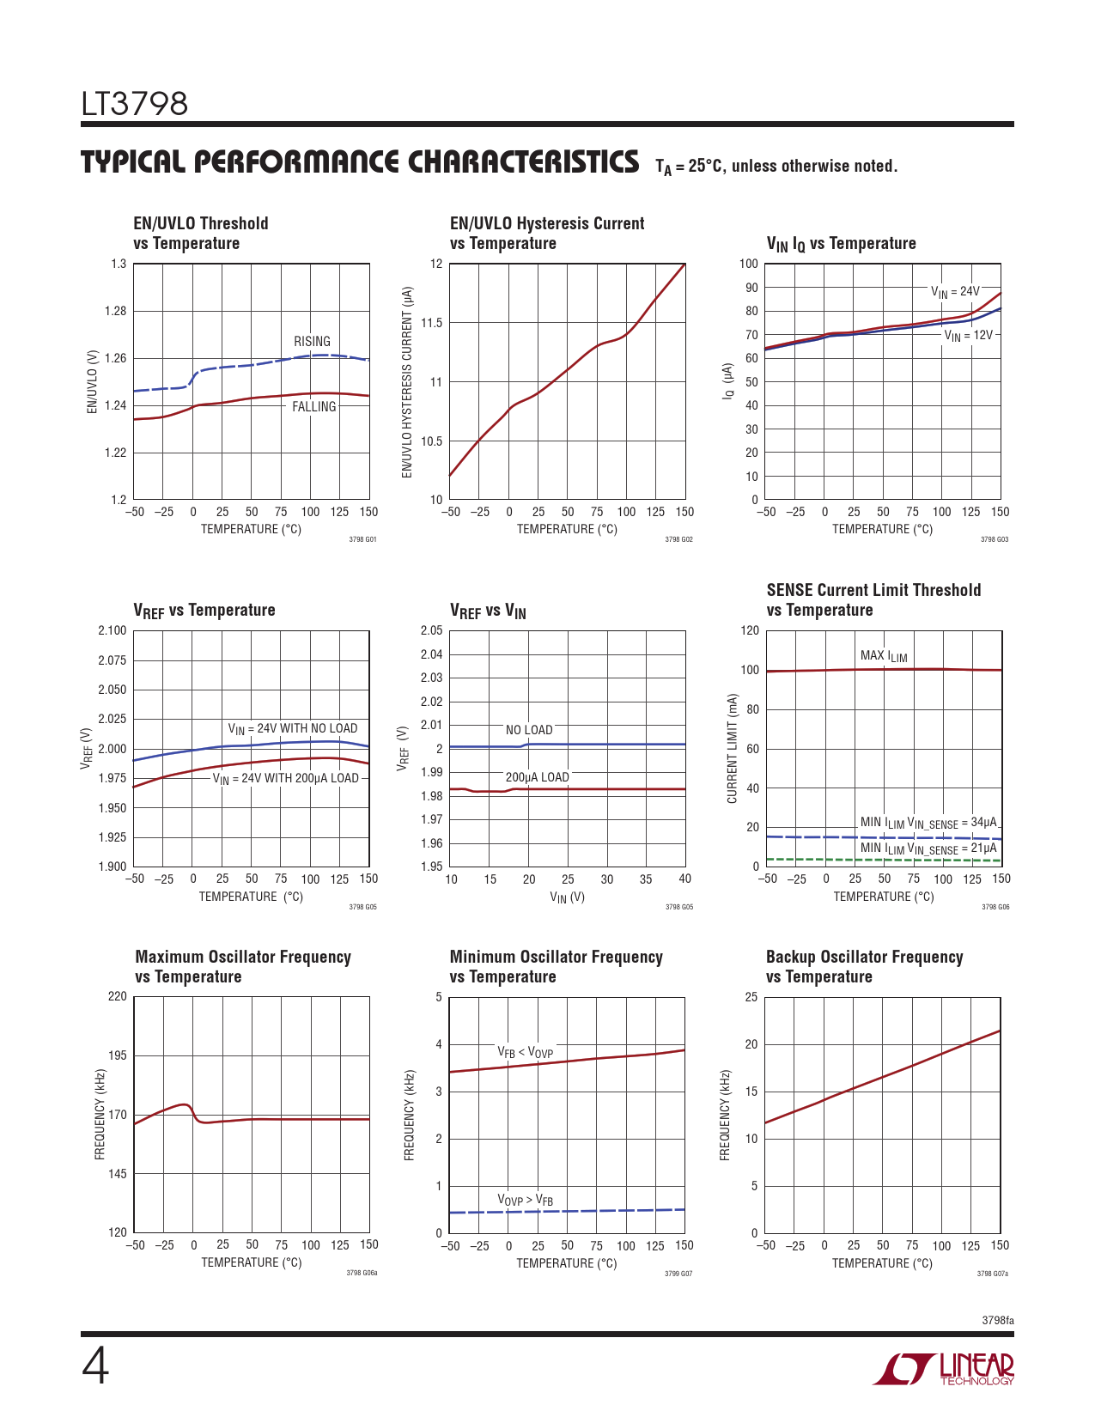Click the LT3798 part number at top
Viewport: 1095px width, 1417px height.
click(135, 105)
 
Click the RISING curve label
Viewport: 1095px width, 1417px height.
click(312, 342)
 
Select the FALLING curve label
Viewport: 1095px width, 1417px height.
click(313, 407)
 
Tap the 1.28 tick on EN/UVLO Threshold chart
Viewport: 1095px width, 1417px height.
click(116, 312)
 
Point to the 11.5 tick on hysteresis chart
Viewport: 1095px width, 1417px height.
click(431, 323)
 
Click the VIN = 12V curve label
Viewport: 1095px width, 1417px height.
click(968, 336)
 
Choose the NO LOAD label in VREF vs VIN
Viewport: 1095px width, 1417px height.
click(529, 730)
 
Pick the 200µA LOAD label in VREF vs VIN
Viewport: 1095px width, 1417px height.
click(537, 777)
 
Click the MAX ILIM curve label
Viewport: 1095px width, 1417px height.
click(884, 656)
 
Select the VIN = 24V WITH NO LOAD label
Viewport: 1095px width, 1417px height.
click(292, 729)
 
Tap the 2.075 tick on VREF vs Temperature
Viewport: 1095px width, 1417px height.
click(113, 660)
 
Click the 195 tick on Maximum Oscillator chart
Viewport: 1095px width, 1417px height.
click(117, 1055)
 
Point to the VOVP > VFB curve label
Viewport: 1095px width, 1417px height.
click(525, 1200)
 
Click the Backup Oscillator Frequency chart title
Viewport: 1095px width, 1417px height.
click(864, 967)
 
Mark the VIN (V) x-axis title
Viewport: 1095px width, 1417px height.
click(567, 897)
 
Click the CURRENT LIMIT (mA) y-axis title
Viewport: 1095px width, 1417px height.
click(733, 749)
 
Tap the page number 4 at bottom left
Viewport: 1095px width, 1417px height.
click(95, 1366)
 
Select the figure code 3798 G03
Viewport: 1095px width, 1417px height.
click(995, 540)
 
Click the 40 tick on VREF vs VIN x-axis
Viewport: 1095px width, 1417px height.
click(684, 879)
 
